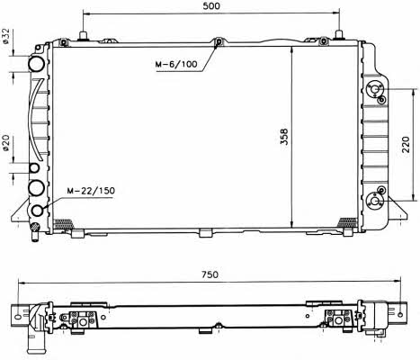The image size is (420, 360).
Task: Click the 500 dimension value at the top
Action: pyautogui.click(x=211, y=6)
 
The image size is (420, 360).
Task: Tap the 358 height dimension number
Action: pyautogui.click(x=284, y=137)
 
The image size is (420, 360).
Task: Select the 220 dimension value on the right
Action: pyautogui.click(x=406, y=144)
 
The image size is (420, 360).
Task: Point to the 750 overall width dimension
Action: pyautogui.click(x=210, y=274)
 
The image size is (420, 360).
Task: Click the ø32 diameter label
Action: pyautogui.click(x=6, y=36)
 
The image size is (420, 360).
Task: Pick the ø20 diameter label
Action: pyautogui.click(x=6, y=143)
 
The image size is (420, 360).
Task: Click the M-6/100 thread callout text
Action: pyautogui.click(x=176, y=64)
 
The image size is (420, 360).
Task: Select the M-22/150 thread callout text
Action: pyautogui.click(x=91, y=191)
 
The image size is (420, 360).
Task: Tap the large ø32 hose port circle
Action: pyautogui.click(x=36, y=64)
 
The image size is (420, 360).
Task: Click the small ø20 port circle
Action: pyautogui.click(x=34, y=168)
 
